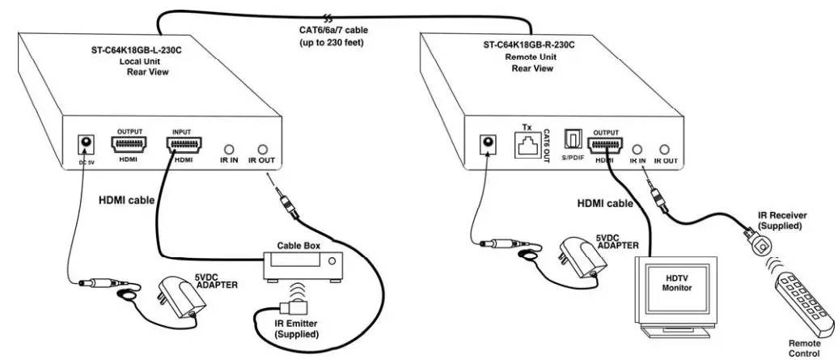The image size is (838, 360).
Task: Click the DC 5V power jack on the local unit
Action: pyautogui.click(x=83, y=145)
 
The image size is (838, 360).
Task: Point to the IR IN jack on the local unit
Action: pyautogui.click(x=230, y=150)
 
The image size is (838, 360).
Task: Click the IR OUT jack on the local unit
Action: pyautogui.click(x=262, y=150)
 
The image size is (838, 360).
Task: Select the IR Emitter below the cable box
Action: pyautogui.click(x=288, y=309)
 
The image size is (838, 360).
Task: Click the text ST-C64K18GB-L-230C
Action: pyautogui.click(x=134, y=49)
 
